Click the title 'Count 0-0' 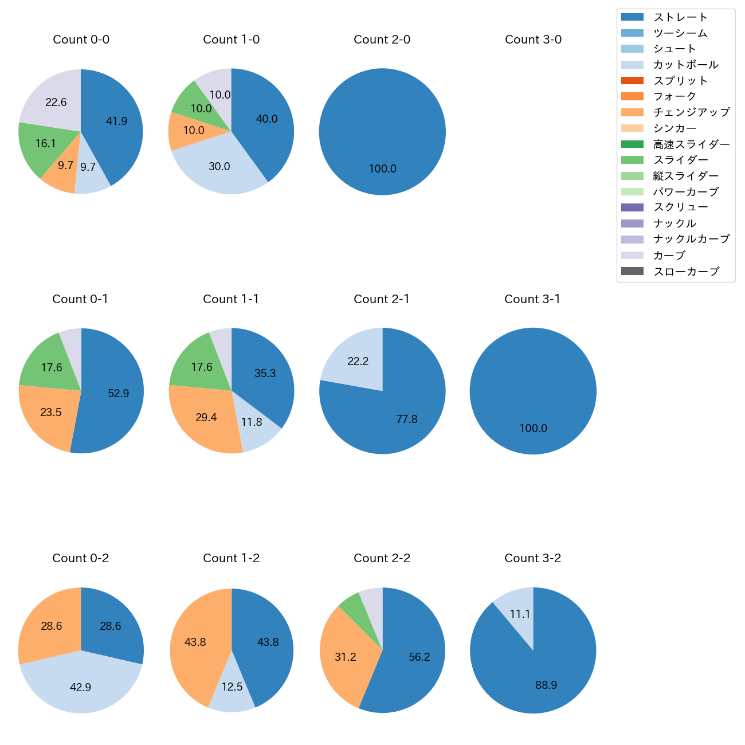(x=81, y=40)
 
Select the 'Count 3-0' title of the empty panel (x=533, y=40)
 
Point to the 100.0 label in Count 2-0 (x=382, y=169)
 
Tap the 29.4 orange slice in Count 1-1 (x=203, y=418)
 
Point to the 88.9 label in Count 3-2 (x=546, y=685)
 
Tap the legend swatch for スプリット (x=632, y=81)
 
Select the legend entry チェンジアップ (x=691, y=112)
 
